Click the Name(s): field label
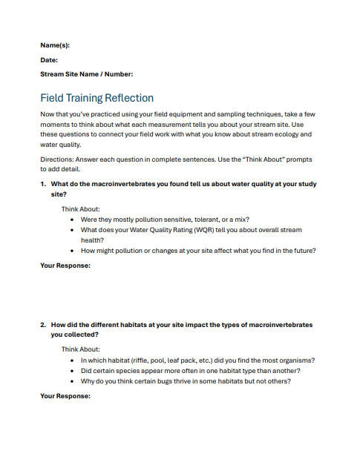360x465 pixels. tap(56, 46)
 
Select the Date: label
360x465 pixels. tap(49, 60)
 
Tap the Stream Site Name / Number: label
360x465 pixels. tap(87, 74)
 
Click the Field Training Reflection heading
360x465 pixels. tap(96, 98)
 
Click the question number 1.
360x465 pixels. tap(42, 183)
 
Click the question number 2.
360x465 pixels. tap(42, 325)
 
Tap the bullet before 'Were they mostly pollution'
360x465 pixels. tap(71, 220)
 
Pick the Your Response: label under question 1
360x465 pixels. tap(65, 266)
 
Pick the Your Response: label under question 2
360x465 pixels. tap(65, 396)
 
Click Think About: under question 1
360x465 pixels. tap(81, 209)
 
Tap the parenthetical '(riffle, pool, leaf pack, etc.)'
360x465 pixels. tap(162, 360)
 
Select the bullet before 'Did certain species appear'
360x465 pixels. tap(71, 371)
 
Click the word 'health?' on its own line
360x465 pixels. tap(94, 240)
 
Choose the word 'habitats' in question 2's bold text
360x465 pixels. tap(132, 325)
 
